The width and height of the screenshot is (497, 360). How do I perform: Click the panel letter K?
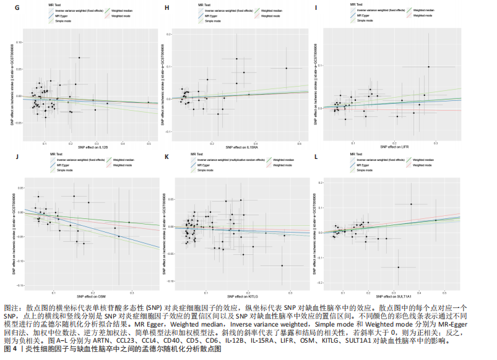coord(166,156)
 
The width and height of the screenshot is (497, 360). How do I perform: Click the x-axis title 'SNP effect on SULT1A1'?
coord(392,294)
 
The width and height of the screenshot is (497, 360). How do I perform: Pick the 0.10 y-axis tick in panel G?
coord(17,42)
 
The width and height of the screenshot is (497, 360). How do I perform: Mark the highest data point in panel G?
coord(79,58)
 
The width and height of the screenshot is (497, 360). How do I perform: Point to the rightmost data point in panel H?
coord(286,68)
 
